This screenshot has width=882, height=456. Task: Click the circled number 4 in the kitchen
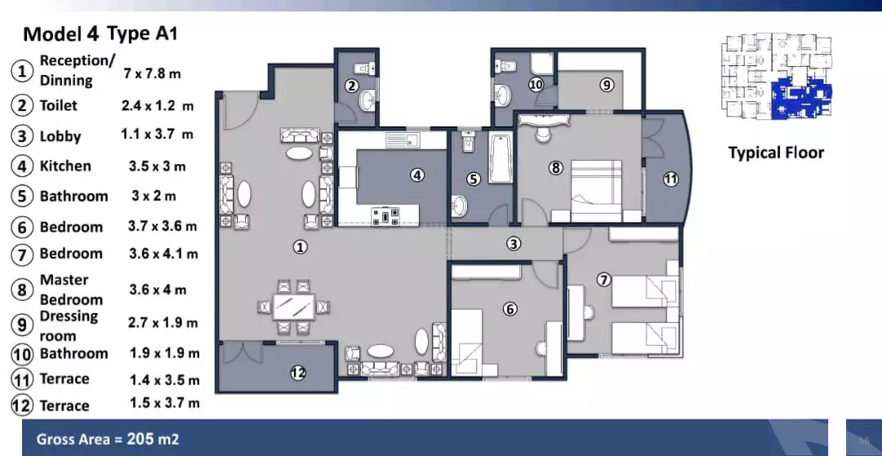416,174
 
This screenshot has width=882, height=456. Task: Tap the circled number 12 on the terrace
298,373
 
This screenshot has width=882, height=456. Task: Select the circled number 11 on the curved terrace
670,179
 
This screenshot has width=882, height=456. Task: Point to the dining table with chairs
294,308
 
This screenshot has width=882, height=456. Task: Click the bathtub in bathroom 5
500,158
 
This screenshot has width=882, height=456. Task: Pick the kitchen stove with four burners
385,215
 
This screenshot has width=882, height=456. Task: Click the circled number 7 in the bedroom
604,280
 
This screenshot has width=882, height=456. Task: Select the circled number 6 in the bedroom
510,309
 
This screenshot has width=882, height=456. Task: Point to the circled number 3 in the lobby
513,243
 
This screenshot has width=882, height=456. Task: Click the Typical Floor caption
776,153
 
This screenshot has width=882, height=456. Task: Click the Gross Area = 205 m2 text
108,440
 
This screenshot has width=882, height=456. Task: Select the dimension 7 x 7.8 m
152,73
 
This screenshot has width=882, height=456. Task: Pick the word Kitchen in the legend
65,166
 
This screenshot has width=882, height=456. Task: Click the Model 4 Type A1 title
100,33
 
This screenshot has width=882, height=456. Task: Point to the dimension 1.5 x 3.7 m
164,403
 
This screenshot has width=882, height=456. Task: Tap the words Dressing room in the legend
69,325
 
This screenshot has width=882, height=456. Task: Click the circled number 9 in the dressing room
606,84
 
